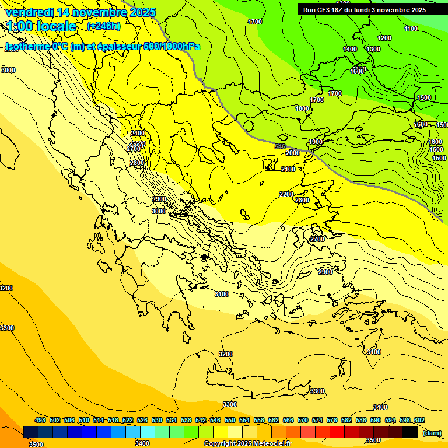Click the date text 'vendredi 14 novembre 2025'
(x=80, y=12)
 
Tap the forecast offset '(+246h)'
(x=104, y=26)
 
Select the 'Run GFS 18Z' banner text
(x=365, y=10)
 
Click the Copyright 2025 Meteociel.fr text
(x=247, y=444)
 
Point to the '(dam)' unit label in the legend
(x=432, y=432)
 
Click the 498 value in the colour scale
(x=40, y=420)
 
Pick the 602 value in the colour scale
(x=419, y=420)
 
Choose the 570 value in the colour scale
(x=303, y=420)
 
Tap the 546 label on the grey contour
(x=280, y=146)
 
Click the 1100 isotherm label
(x=411, y=29)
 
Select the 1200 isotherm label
(x=384, y=38)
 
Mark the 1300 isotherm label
(x=373, y=49)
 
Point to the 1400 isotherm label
(x=350, y=49)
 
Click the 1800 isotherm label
(x=302, y=108)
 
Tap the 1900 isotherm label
(x=316, y=142)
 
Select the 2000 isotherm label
(x=293, y=153)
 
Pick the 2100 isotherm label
(x=288, y=169)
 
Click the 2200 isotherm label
(x=286, y=194)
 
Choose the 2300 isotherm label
(x=302, y=200)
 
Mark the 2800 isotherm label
(x=137, y=163)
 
